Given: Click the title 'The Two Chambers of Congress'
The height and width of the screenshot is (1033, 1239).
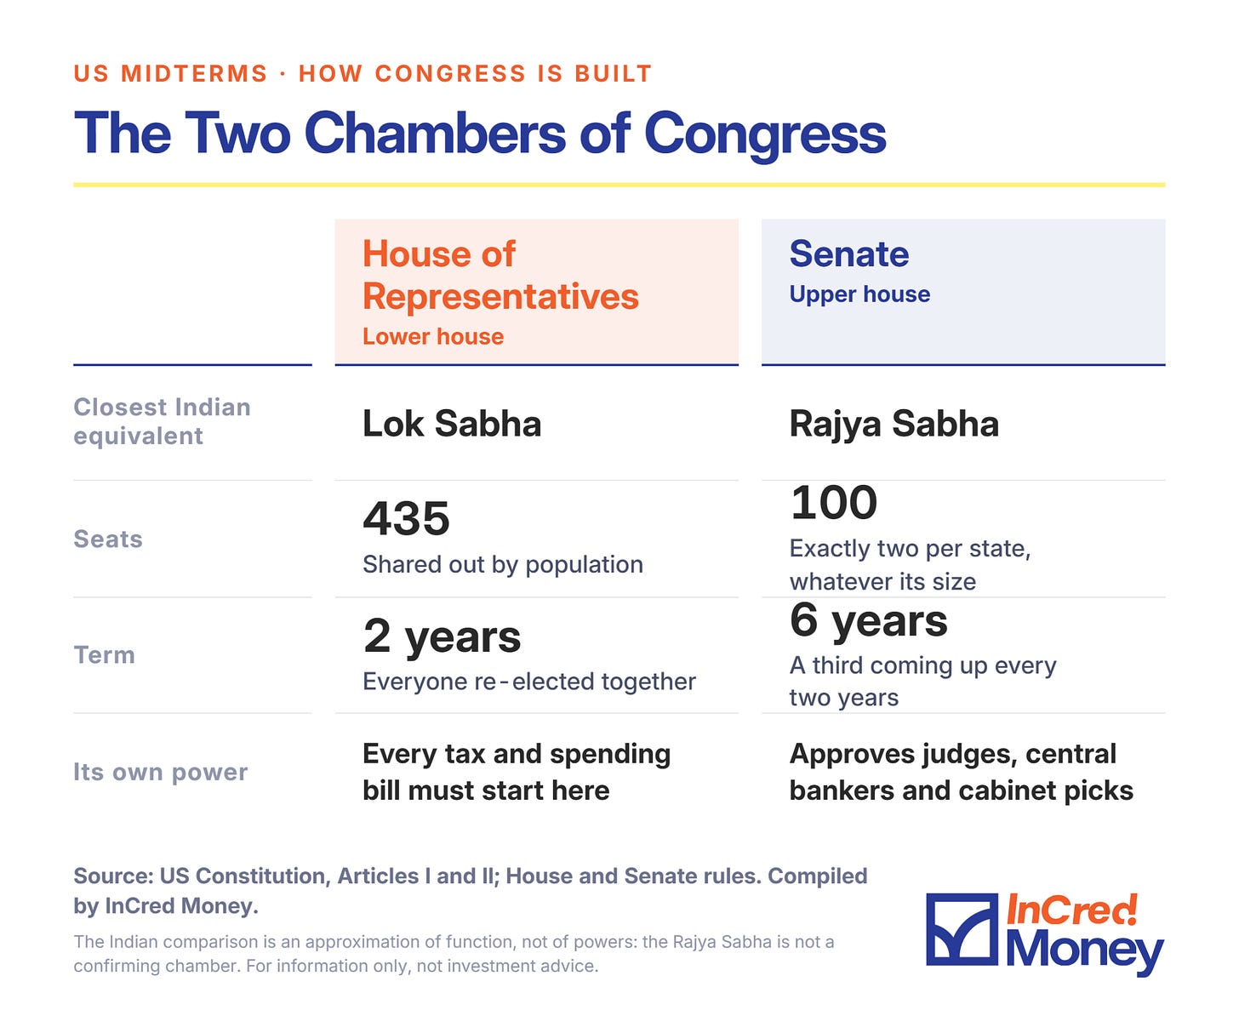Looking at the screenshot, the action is (479, 134).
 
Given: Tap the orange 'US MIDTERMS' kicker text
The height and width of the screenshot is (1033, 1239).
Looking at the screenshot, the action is (171, 73).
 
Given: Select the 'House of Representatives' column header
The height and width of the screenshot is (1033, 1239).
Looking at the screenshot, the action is (500, 275).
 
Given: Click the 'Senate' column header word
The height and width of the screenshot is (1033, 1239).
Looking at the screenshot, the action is (848, 254).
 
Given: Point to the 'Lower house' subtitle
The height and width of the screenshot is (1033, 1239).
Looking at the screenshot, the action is (433, 336).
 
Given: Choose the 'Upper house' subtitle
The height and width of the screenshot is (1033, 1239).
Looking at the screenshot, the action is (859, 294).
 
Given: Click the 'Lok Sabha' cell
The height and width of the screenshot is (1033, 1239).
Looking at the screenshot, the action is (452, 424).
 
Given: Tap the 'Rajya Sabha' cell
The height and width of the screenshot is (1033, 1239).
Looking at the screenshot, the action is (894, 425).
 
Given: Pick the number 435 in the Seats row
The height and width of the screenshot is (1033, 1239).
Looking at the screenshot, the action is (407, 518).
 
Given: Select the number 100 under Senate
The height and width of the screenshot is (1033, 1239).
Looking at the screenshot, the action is (834, 502).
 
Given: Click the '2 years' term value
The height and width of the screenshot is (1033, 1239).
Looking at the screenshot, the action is (442, 636).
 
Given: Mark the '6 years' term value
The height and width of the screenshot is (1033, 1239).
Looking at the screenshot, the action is (869, 620).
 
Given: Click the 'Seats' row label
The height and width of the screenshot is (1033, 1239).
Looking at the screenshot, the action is (108, 539).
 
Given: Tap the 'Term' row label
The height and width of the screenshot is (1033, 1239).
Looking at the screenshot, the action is (105, 655).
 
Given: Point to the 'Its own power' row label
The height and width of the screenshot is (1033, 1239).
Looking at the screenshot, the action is (161, 772).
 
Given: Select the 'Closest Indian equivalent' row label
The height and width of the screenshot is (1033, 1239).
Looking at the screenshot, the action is (162, 421).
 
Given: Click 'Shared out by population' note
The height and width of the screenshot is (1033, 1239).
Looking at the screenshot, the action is (503, 564).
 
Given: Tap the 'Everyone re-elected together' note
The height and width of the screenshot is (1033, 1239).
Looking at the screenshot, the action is (529, 682).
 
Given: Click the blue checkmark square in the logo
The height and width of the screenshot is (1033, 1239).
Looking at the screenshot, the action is (962, 929).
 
